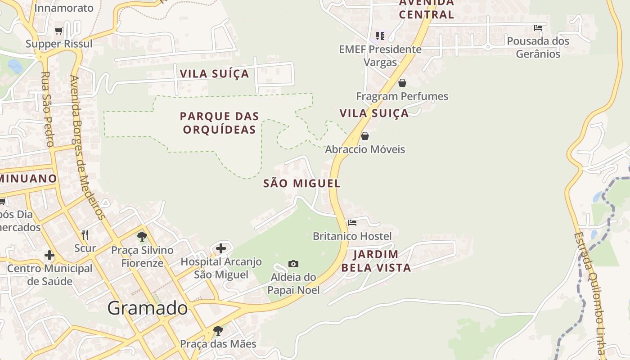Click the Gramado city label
(x=147, y=308)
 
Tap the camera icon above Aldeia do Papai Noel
(x=293, y=264)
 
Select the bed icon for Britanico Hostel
(x=352, y=223)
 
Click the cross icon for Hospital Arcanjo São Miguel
(x=221, y=248)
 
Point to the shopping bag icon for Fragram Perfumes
(x=402, y=83)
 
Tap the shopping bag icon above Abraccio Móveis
(x=365, y=136)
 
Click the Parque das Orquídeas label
(x=219, y=123)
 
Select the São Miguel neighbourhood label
(x=301, y=184)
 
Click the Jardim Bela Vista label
(x=376, y=261)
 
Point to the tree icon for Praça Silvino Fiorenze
(x=142, y=237)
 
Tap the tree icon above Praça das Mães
(x=218, y=331)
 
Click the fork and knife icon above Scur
(x=85, y=234)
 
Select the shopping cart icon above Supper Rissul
(x=58, y=31)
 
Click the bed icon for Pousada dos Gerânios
(x=538, y=28)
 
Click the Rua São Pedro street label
(x=47, y=109)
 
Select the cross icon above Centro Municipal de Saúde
(x=49, y=256)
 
